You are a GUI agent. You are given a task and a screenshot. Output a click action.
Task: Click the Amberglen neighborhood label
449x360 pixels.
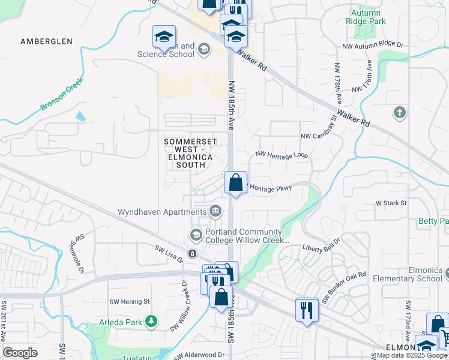46,41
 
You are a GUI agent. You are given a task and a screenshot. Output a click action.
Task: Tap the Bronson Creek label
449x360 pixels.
62,94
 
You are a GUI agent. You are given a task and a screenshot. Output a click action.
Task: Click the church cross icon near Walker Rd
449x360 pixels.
399,112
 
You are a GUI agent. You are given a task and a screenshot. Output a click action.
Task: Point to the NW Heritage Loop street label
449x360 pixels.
282,155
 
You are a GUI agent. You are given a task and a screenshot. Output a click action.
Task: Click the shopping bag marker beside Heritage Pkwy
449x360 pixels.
236,182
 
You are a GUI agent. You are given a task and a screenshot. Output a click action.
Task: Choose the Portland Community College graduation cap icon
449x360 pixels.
196,234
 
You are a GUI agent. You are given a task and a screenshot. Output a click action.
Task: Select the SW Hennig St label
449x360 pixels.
129,302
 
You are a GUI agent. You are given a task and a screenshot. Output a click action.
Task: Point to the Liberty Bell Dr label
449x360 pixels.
321,247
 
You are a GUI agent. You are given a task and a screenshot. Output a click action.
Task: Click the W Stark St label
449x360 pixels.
391,203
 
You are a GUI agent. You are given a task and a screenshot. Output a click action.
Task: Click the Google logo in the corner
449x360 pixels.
20,353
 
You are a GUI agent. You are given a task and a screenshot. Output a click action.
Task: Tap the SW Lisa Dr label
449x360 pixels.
169,254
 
